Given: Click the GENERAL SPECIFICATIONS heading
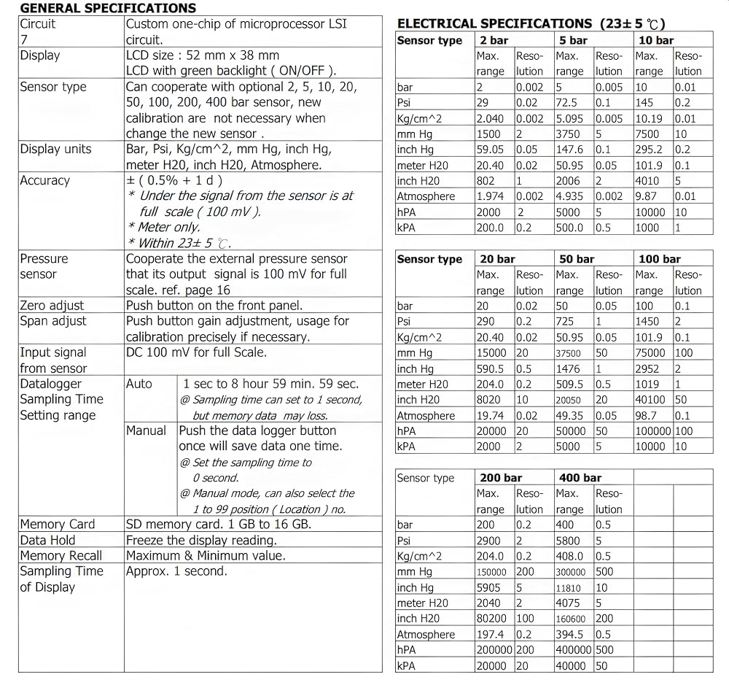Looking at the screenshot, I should tap(108, 9).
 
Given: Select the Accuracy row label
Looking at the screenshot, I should tap(44, 180).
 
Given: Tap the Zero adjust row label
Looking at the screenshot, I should tap(52, 306).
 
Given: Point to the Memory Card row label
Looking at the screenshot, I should tap(58, 524).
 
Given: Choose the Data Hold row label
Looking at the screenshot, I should tap(47, 540).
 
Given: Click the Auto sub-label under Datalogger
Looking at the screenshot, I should tap(139, 384).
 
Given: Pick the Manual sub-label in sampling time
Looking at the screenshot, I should tap(146, 430).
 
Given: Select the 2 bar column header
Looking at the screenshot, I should tap(494, 40).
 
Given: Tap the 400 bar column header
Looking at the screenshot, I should tap(580, 478).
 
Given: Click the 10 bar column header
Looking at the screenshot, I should tap(655, 40).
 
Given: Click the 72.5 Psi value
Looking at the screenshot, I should tap(566, 103).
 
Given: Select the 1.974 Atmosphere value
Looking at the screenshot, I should tap(491, 196).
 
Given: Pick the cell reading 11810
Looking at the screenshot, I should tap(569, 587).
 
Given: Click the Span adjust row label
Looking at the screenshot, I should tap(52, 321).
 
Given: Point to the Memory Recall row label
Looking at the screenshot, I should tap(61, 556).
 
